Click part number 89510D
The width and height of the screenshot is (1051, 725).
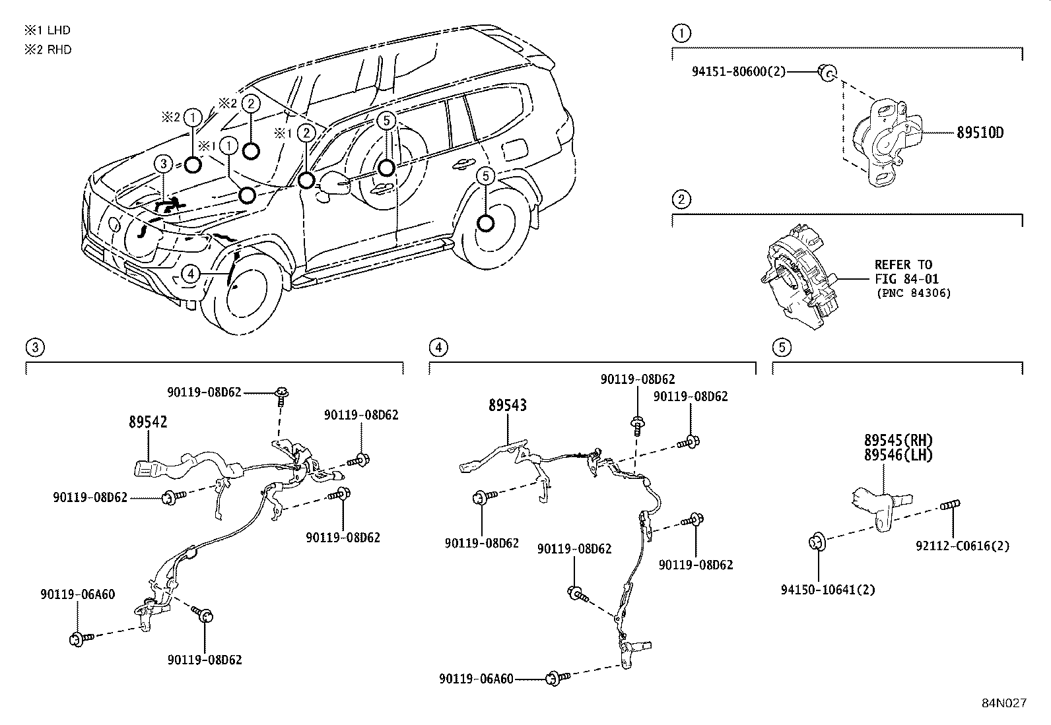(980, 133)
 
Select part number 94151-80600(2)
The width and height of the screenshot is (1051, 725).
(739, 71)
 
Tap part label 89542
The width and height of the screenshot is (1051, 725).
(148, 422)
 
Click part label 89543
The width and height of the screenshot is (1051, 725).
(508, 406)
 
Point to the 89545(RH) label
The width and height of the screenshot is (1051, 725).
(898, 440)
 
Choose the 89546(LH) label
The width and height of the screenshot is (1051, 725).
(898, 455)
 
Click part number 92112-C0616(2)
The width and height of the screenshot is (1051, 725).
(963, 546)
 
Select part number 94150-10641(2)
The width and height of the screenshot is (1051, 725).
(828, 589)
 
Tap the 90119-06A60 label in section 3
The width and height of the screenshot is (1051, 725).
(77, 594)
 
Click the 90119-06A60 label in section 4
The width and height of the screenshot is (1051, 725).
(475, 678)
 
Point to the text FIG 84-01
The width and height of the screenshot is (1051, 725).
(906, 279)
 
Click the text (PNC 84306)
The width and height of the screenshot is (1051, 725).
(914, 293)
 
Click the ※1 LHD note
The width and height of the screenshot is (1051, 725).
(48, 30)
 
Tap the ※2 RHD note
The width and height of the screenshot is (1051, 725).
(48, 49)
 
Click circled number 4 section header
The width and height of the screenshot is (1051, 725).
(438, 348)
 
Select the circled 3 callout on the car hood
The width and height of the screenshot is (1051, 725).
(164, 164)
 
